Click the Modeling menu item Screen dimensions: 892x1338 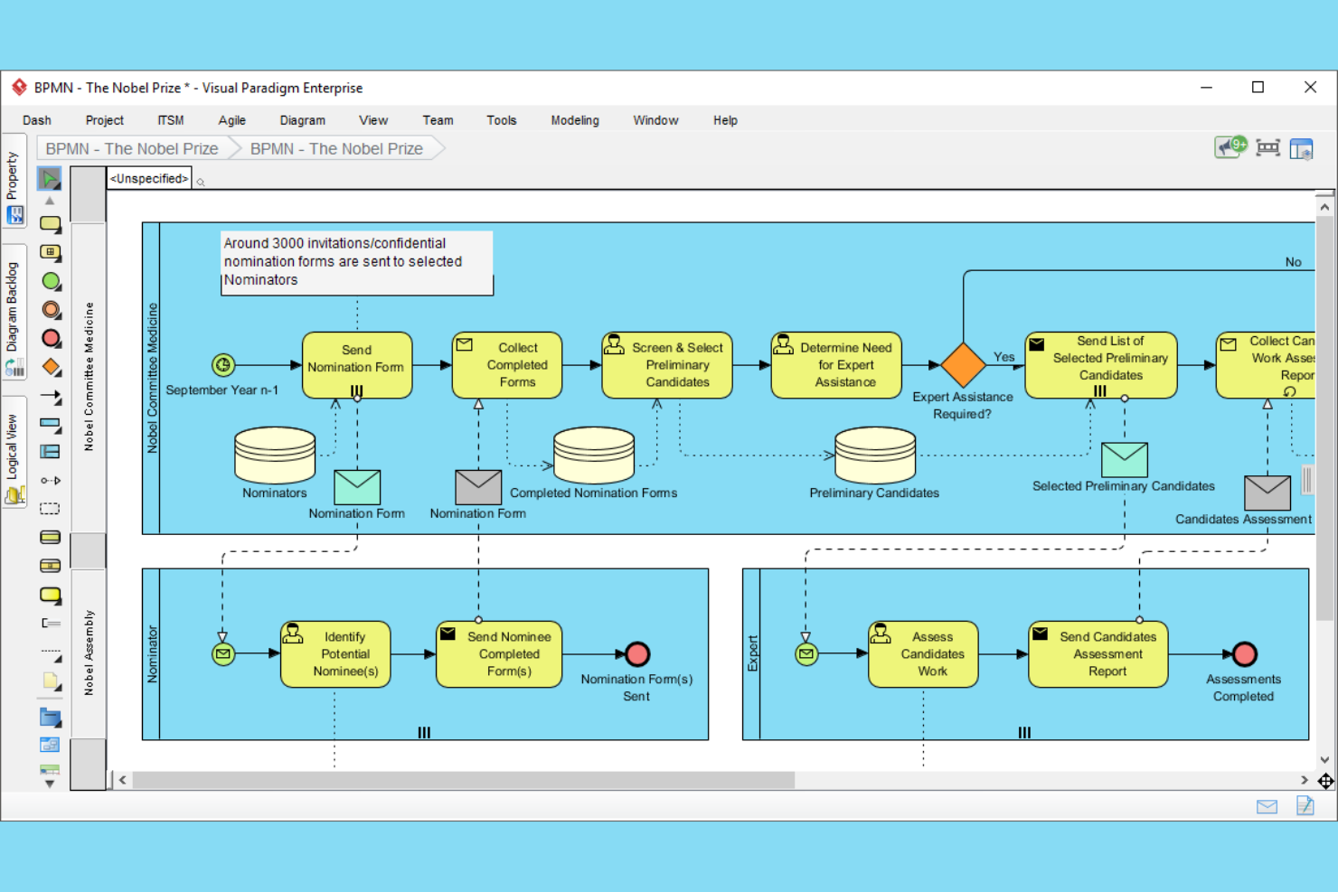pos(574,120)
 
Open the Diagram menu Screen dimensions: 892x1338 pos(302,120)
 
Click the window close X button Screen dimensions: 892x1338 pos(1310,87)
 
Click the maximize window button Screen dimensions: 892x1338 pos(1258,87)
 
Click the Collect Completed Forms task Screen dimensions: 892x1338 pos(507,364)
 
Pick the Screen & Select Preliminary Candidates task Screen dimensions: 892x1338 pos(667,364)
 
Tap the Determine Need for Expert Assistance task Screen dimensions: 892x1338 pos(836,364)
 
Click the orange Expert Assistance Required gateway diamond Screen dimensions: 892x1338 pos(963,364)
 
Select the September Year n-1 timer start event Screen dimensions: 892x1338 pos(223,364)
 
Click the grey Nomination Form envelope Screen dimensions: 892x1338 pos(478,487)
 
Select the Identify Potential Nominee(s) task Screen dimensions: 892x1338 pos(336,653)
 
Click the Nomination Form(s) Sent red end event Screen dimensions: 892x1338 pos(637,653)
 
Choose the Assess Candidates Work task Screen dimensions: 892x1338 pos(923,653)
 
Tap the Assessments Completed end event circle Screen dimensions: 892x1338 pos(1245,653)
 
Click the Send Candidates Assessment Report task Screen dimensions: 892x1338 pos(1098,653)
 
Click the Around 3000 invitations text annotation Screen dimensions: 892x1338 pos(357,262)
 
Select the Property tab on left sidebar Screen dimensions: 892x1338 pos(13,175)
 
